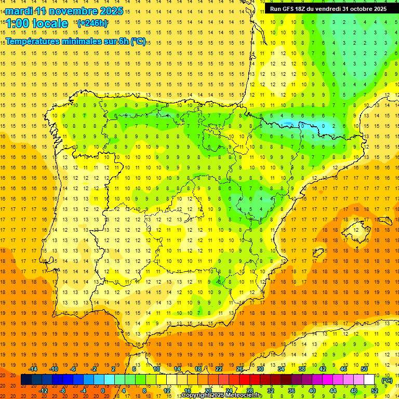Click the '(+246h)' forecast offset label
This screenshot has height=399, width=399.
(92, 23)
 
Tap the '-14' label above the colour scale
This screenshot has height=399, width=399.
(33, 369)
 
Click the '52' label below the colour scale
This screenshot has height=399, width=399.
(375, 391)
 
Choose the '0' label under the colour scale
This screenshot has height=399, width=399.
(103, 391)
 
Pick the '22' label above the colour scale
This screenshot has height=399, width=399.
(219, 369)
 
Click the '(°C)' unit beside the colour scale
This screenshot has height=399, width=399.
(387, 380)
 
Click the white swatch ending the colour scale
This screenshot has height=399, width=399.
(369, 380)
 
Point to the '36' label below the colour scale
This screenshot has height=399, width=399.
(291, 391)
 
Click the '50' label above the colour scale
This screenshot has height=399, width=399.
(364, 369)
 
